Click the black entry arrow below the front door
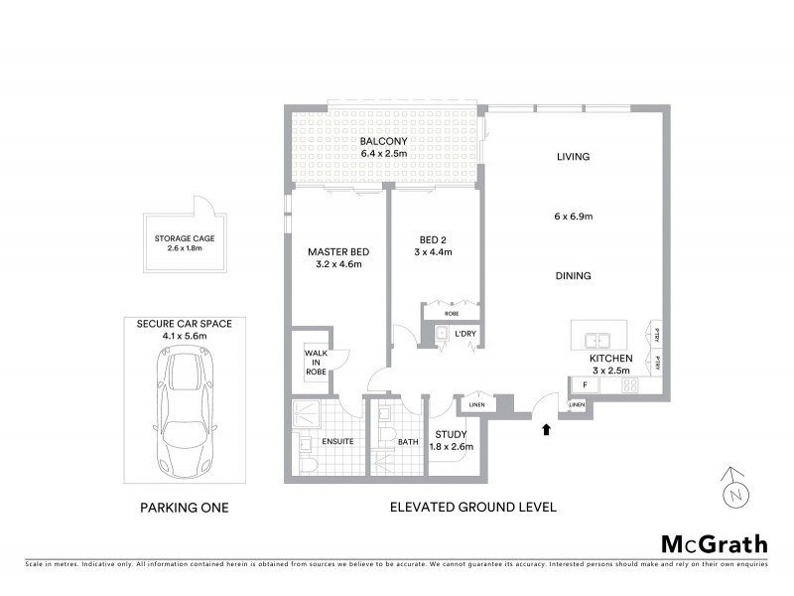point(544,429)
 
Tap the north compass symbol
point(733,488)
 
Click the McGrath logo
point(714,543)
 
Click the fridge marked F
point(585,384)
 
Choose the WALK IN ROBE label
point(315,362)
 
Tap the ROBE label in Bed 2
point(452,313)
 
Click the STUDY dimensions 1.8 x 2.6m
point(452,446)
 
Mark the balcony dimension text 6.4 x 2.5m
point(384,155)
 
